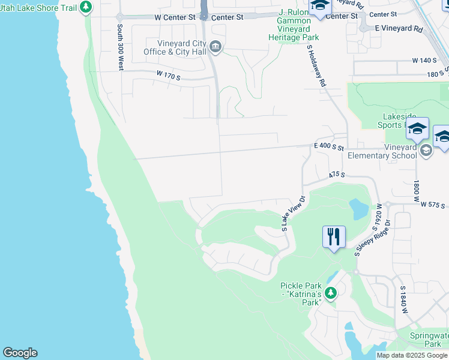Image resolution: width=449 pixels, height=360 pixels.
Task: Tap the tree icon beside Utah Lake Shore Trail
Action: pos(86,7)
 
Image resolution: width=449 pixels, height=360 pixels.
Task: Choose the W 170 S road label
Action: pos(169,76)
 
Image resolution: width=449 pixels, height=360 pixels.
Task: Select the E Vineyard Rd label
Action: pos(399,28)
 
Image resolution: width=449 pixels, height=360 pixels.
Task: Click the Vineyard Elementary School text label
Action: pos(382,152)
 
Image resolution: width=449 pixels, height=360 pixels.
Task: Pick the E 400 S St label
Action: pos(328,146)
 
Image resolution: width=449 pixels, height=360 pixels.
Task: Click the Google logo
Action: pos(20,353)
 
